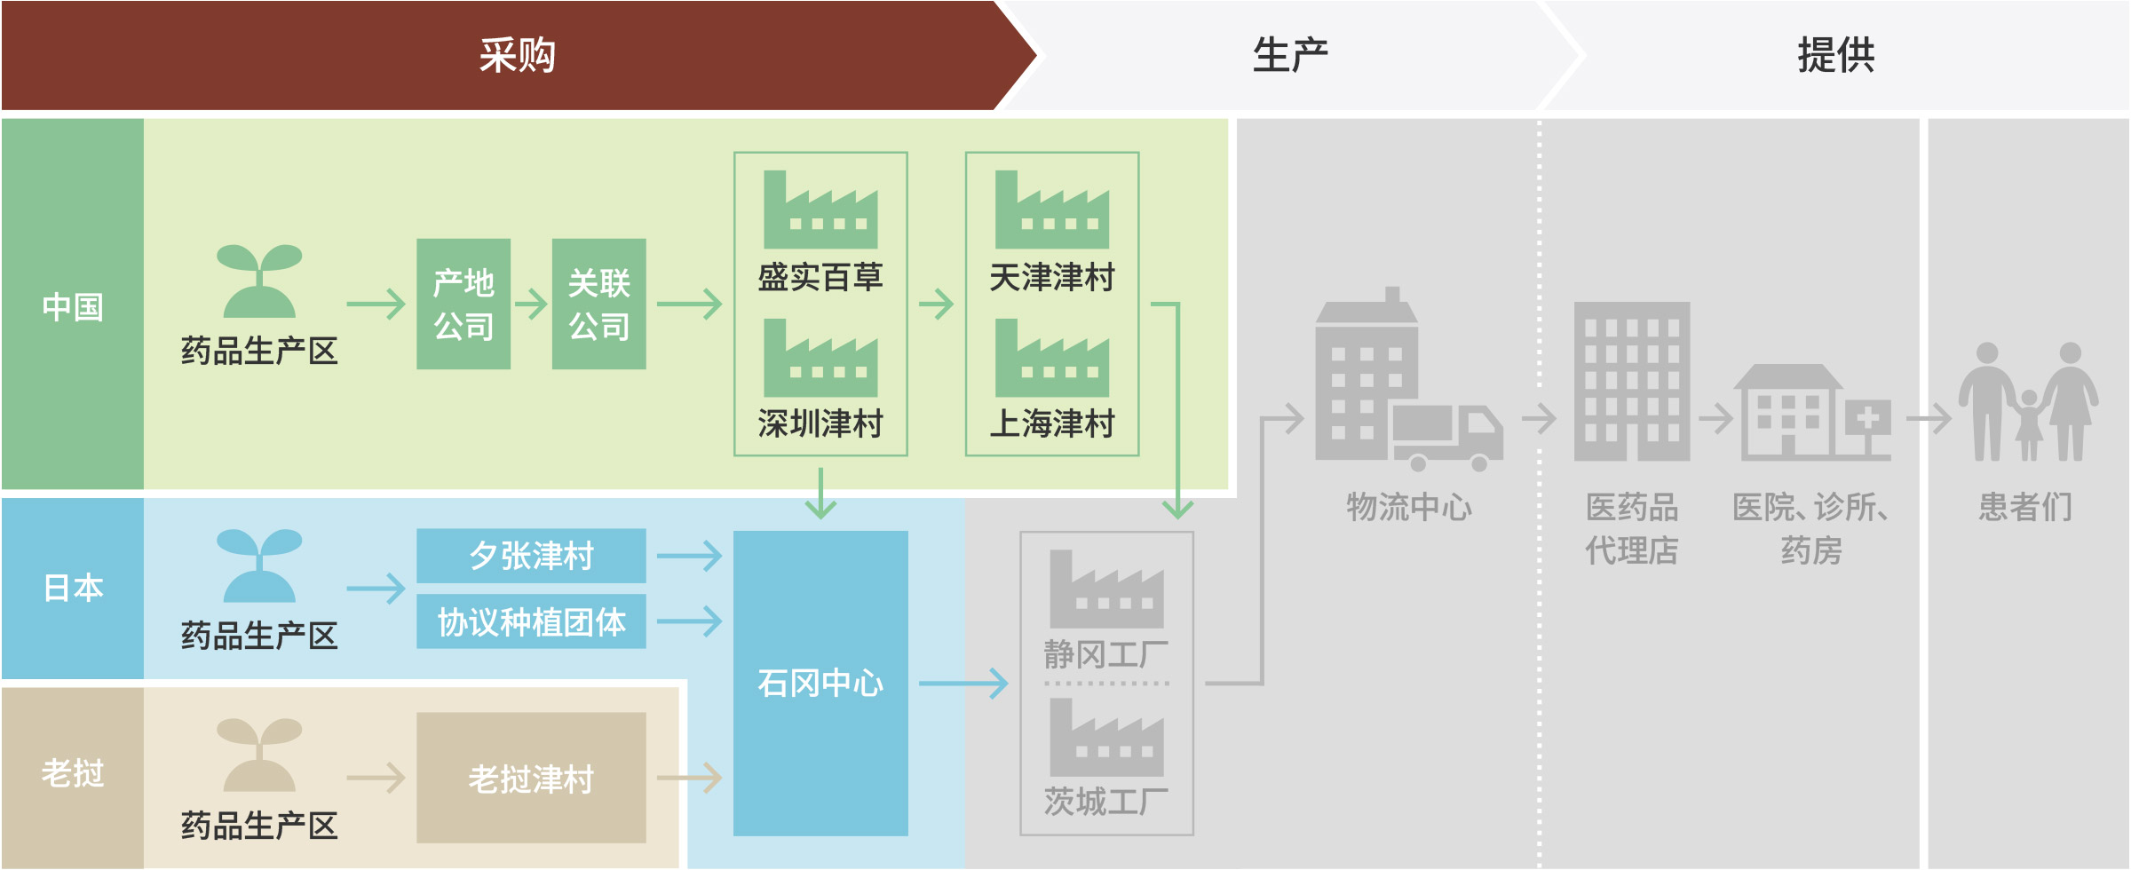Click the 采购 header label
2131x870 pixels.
tap(518, 55)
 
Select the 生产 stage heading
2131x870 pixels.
tap(1290, 55)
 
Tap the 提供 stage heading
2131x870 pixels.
tap(1836, 55)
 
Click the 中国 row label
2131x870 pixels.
tap(73, 307)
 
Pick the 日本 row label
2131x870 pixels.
tap(73, 588)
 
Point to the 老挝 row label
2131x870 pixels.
tap(73, 773)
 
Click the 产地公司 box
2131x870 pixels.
tap(463, 304)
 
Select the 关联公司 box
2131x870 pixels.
tap(599, 304)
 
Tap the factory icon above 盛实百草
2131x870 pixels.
tap(820, 210)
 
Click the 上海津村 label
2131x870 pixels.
tap(1052, 423)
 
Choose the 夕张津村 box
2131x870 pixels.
tap(531, 556)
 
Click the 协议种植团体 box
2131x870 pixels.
tap(531, 621)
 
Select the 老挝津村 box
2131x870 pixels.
tap(531, 778)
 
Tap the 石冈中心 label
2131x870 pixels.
tap(820, 683)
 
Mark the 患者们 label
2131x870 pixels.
tap(2025, 507)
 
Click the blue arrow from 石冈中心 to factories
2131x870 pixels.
tap(963, 684)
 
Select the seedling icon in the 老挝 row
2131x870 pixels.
tap(259, 755)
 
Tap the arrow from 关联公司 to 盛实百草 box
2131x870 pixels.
tap(690, 304)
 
